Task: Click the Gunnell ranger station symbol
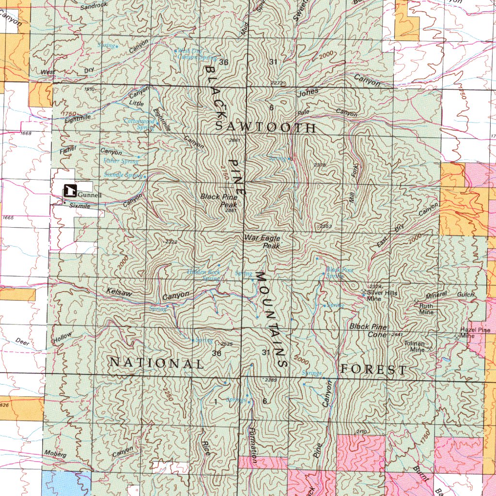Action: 70,191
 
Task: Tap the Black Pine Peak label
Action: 219,201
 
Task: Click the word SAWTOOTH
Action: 265,128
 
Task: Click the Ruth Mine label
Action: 426,309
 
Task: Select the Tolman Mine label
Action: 414,346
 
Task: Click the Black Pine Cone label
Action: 368,330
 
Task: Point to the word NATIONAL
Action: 156,363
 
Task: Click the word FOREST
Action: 373,370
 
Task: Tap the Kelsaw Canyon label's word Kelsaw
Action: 119,292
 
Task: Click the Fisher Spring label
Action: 121,161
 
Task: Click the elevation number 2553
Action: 325,227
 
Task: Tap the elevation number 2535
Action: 226,344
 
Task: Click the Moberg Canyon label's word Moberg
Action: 55,454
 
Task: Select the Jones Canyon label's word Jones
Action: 309,92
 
